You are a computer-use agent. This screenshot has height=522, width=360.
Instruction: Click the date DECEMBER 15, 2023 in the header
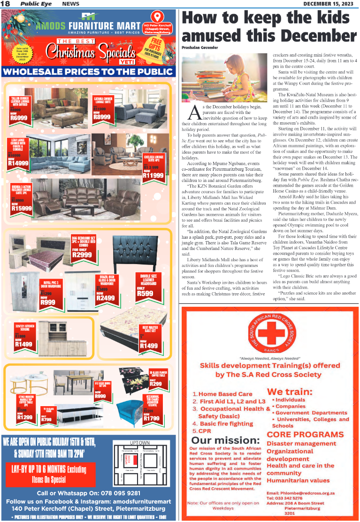(329, 4)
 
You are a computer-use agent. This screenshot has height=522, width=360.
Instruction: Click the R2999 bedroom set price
(82, 255)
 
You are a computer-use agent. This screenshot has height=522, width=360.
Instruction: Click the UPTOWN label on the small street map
(139, 443)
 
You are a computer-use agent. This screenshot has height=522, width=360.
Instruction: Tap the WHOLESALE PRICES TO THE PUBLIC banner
(88, 72)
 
